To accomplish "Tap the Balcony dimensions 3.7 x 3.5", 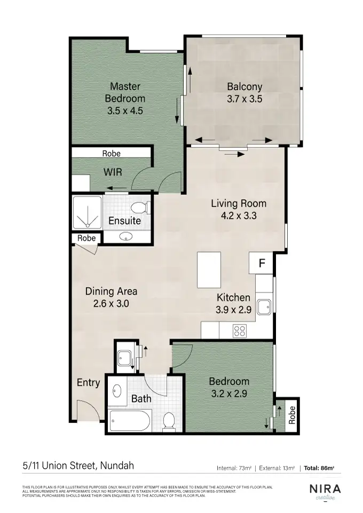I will pyautogui.click(x=244, y=99).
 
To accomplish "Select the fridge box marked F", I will pyautogui.click(x=262, y=263).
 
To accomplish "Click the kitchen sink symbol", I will pyautogui.click(x=264, y=307).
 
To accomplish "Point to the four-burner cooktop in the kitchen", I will pyautogui.click(x=240, y=331).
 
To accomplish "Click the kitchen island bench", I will pyautogui.click(x=208, y=270).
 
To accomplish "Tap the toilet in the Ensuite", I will pyautogui.click(x=140, y=207).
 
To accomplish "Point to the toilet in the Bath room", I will pyautogui.click(x=169, y=420).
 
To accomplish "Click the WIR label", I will pyautogui.click(x=113, y=172).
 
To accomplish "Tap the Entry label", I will pyautogui.click(x=88, y=382).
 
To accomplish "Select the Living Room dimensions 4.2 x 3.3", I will pyautogui.click(x=238, y=216).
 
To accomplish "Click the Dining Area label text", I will pyautogui.click(x=111, y=291).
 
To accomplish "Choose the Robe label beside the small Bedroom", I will pyautogui.click(x=291, y=415).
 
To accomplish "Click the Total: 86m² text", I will pyautogui.click(x=319, y=468).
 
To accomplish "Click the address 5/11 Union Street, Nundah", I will pyautogui.click(x=78, y=465).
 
